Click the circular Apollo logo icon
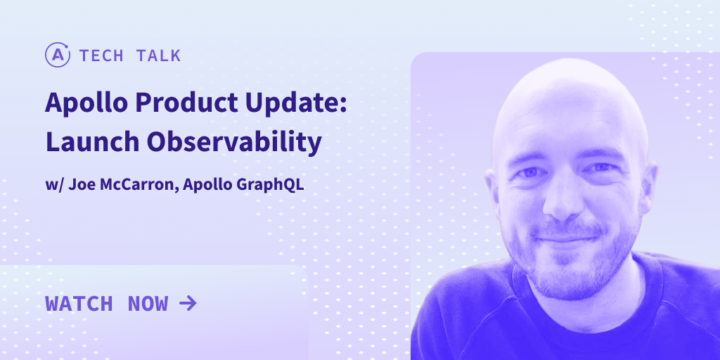coord(58,55)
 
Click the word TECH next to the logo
coord(101,56)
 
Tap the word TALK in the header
coord(158,56)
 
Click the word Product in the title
coord(187,102)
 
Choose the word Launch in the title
coord(92,142)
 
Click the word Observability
coord(234,143)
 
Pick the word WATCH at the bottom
coord(79,304)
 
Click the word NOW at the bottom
coord(148,304)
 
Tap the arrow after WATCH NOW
coord(188,303)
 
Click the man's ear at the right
coord(649,184)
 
